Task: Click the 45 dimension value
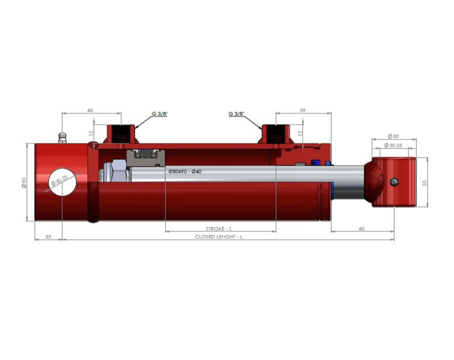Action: pyautogui.click(x=90, y=110)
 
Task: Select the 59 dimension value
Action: pyautogui.click(x=302, y=110)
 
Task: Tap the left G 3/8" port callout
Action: pyautogui.click(x=159, y=113)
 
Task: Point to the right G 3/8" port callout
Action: pyautogui.click(x=236, y=113)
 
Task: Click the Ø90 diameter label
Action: pyautogui.click(x=24, y=183)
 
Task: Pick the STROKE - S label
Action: pyautogui.click(x=218, y=228)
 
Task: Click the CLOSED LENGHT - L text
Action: pyautogui.click(x=218, y=236)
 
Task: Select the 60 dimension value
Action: pyautogui.click(x=361, y=228)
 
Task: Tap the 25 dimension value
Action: pyautogui.click(x=48, y=236)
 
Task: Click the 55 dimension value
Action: pyautogui.click(x=424, y=183)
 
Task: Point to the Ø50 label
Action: pyautogui.click(x=393, y=136)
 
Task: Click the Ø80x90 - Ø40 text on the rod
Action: pyautogui.click(x=185, y=171)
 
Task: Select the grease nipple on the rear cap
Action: pyautogui.click(x=62, y=138)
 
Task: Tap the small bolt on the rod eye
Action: pyautogui.click(x=394, y=182)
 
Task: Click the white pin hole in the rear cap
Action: pyautogui.click(x=62, y=182)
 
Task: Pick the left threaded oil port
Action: pyautogui.click(x=121, y=134)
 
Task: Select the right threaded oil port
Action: pyautogui.click(x=276, y=134)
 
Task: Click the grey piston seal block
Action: pyautogui.click(x=146, y=158)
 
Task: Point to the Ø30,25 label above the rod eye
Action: pyautogui.click(x=393, y=145)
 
